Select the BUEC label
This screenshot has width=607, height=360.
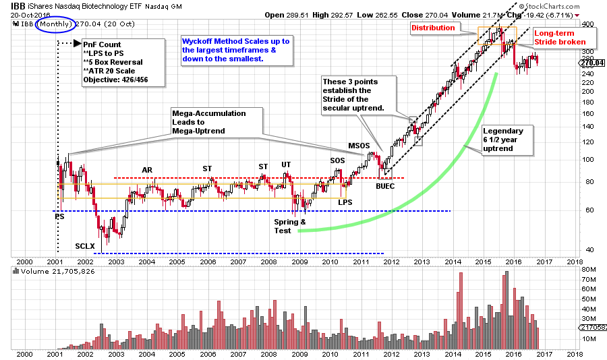[386, 185]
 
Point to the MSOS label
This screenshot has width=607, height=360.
[359, 146]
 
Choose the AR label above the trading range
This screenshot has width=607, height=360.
[148, 169]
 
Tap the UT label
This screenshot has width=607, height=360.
[287, 164]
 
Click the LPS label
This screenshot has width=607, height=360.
[345, 202]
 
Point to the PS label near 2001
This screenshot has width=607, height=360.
[59, 216]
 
